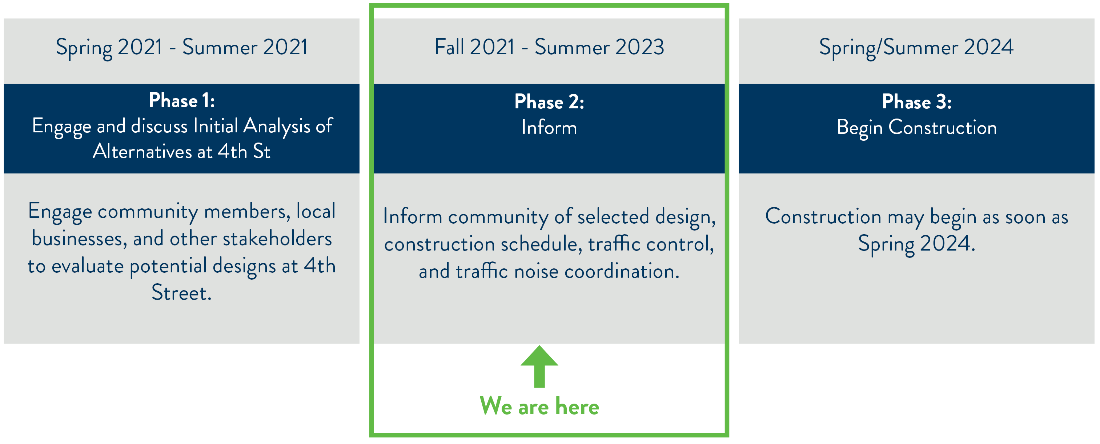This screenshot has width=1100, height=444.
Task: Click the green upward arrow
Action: click(x=539, y=367)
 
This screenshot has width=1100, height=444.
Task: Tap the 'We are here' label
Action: click(x=539, y=406)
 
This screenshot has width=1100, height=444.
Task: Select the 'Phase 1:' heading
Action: click(x=182, y=101)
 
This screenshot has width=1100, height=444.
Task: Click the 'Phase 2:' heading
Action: click(x=549, y=102)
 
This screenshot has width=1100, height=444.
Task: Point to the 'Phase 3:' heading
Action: click(x=917, y=102)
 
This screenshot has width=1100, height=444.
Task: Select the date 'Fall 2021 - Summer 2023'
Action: click(x=549, y=47)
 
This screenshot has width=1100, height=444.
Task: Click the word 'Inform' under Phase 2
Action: click(x=549, y=127)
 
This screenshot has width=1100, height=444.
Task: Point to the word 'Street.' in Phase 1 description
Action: click(x=182, y=293)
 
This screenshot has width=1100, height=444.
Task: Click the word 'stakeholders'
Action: click(x=278, y=239)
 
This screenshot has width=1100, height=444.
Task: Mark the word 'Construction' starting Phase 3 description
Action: click(x=823, y=216)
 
